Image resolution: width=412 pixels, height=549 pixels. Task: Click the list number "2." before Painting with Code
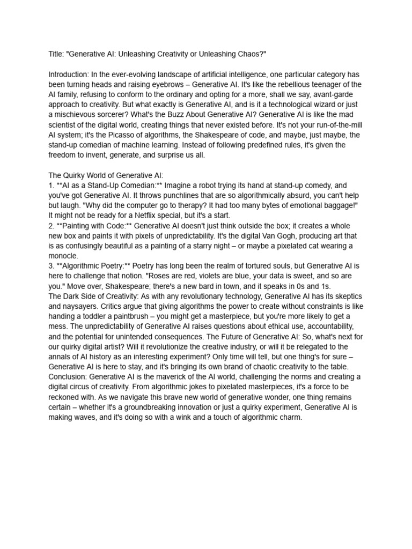(x=51, y=226)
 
